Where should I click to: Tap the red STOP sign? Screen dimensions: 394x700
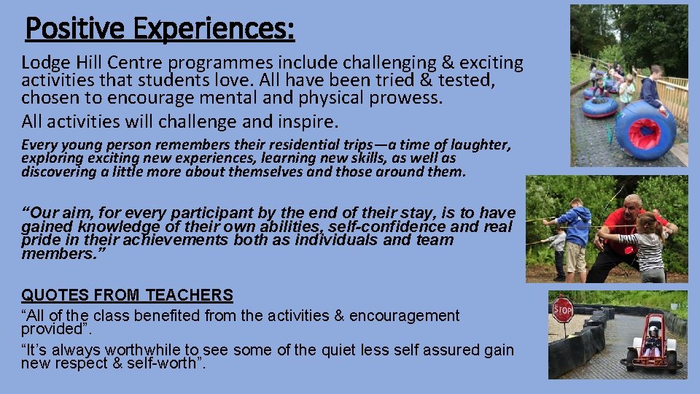coord(563,309)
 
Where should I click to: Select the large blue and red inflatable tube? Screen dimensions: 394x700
coord(646,129)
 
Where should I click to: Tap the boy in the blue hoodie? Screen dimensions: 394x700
coord(576,232)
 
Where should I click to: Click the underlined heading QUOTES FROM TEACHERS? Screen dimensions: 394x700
coord(127,295)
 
